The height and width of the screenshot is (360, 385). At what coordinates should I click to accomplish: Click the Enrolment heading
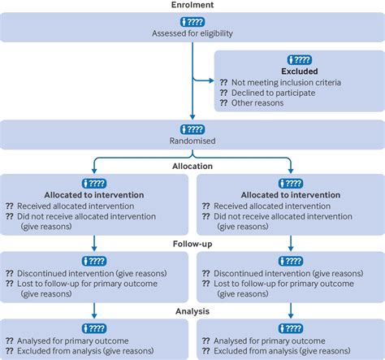click(x=192, y=5)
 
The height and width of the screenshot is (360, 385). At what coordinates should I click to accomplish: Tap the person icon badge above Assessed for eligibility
click(x=192, y=21)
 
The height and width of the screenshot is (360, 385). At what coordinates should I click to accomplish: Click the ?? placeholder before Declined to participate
click(x=223, y=93)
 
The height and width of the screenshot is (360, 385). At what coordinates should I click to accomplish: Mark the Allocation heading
click(x=192, y=166)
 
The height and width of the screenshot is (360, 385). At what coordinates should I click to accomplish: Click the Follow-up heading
click(x=192, y=242)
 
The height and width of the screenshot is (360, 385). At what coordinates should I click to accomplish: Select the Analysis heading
click(x=192, y=310)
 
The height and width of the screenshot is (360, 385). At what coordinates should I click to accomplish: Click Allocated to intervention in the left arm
click(x=94, y=195)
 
